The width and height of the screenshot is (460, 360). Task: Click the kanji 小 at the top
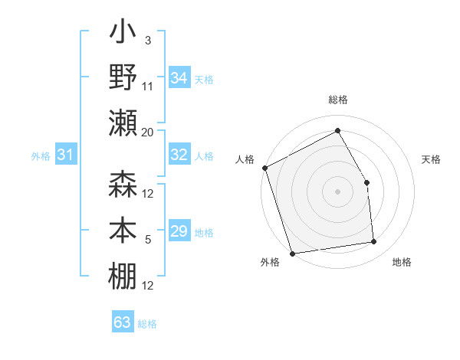[x=123, y=34]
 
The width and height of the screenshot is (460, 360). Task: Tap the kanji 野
[x=123, y=79]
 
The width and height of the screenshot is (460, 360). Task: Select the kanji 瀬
[x=123, y=123]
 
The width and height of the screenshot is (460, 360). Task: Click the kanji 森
[x=123, y=186]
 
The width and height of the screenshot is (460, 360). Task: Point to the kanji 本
[x=123, y=231]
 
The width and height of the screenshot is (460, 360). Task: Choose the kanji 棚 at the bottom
[x=123, y=277]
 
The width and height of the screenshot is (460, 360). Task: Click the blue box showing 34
[x=179, y=78]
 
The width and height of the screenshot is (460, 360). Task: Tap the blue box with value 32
[x=179, y=155]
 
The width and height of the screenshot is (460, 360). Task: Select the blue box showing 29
[x=179, y=231]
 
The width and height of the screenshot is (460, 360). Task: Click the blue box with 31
[x=65, y=155]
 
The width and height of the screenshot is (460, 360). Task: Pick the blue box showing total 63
[x=123, y=322]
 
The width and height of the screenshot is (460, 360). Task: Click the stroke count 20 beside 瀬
[x=147, y=133]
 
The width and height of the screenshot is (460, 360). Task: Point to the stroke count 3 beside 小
[x=147, y=40]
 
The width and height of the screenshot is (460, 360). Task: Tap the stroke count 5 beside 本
[x=147, y=240]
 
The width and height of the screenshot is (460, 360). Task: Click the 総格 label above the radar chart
[x=337, y=100]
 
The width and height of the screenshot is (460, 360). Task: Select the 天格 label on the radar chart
[x=432, y=159]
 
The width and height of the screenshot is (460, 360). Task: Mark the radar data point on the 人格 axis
[x=265, y=168]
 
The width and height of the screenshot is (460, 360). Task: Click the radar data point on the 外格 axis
[x=292, y=253]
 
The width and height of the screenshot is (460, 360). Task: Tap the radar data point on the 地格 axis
[x=374, y=242]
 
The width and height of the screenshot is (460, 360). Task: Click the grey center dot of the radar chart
[x=337, y=191]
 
